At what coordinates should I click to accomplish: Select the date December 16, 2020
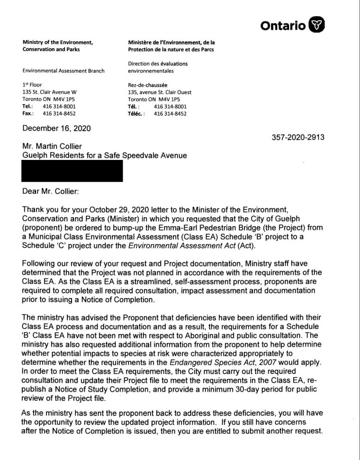(56, 128)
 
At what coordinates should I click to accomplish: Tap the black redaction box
(72, 171)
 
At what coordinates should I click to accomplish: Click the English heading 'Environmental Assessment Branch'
(63, 71)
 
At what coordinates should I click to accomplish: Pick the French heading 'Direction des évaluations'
(158, 63)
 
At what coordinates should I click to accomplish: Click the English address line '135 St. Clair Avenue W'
(50, 92)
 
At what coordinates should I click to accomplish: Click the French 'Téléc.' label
(136, 114)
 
